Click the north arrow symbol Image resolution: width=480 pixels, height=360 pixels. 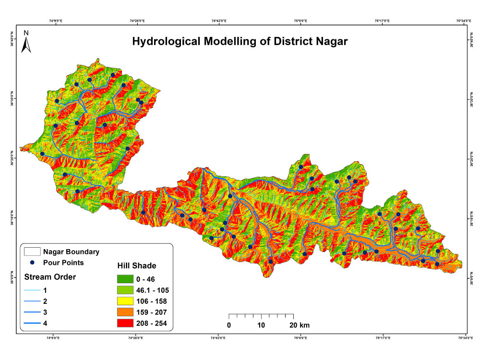pyautogui.click(x=27, y=43)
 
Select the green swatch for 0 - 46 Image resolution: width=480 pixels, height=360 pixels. pyautogui.click(x=127, y=279)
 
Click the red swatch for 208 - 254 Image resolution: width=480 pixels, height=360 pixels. pyautogui.click(x=127, y=323)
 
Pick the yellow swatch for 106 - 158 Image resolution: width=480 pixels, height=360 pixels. pyautogui.click(x=127, y=301)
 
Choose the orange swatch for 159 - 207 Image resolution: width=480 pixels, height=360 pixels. pyautogui.click(x=127, y=312)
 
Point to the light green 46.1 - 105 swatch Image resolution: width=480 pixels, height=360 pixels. pyautogui.click(x=127, y=290)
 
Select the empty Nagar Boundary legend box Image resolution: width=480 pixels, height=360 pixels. pyautogui.click(x=32, y=252)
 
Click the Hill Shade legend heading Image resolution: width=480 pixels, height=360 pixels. pyautogui.click(x=137, y=265)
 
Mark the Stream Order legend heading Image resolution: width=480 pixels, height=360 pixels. pyautogui.click(x=50, y=277)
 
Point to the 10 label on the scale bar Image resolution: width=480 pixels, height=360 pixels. pyautogui.click(x=261, y=325)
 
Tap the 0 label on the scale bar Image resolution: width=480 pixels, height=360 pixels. pyautogui.click(x=229, y=325)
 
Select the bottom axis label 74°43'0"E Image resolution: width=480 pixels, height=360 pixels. pyautogui.click(x=218, y=338)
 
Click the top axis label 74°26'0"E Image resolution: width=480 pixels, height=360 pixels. pyautogui.click(x=137, y=21)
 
